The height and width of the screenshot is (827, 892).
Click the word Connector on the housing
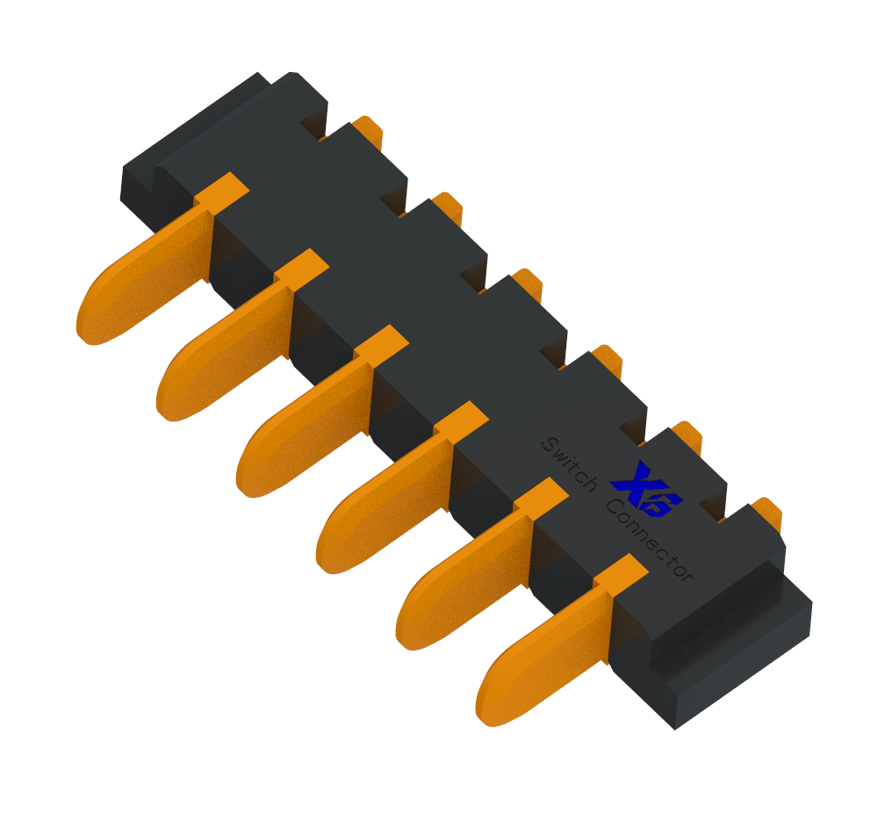click(x=650, y=540)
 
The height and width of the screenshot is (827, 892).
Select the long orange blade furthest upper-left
click(x=162, y=259)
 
